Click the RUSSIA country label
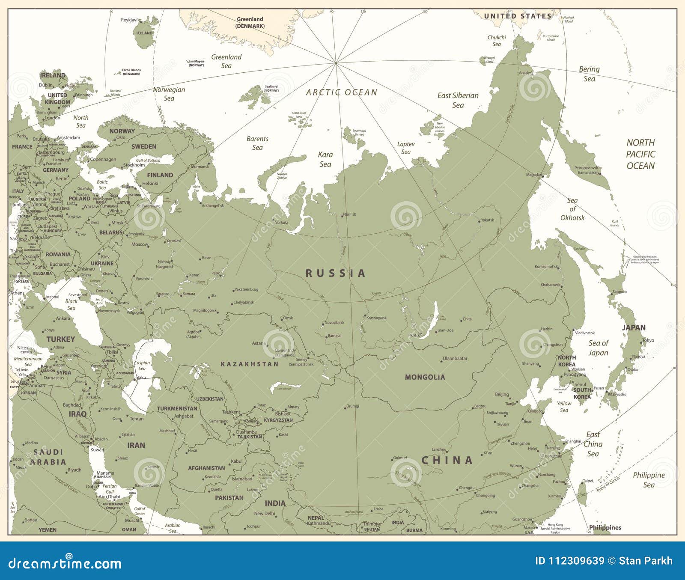coord(335,273)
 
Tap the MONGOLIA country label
coord(425,377)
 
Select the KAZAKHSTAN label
coord(250,364)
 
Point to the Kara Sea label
coord(325,159)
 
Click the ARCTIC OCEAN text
coord(342,92)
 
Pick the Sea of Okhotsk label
coord(572,209)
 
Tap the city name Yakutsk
coord(487,220)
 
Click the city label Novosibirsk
coord(334,323)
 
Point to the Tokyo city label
coord(648,340)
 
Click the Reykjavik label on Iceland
coord(131,20)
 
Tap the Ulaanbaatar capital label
coord(455,358)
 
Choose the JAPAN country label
coord(634,327)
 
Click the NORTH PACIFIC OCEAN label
coord(640,154)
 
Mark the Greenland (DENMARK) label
coord(250,22)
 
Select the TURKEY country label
coord(61,339)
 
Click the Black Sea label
coord(71,304)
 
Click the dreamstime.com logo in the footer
coord(65,563)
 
